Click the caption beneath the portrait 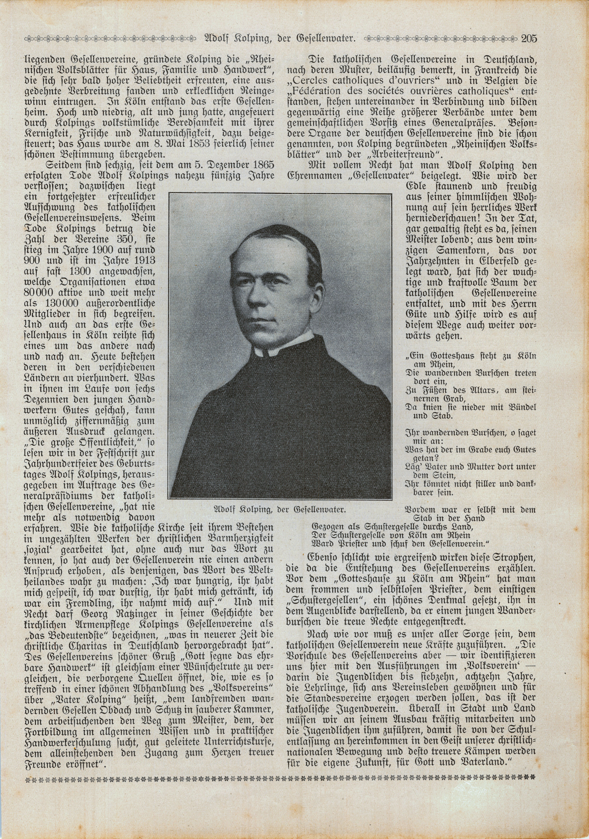tap(280, 509)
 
